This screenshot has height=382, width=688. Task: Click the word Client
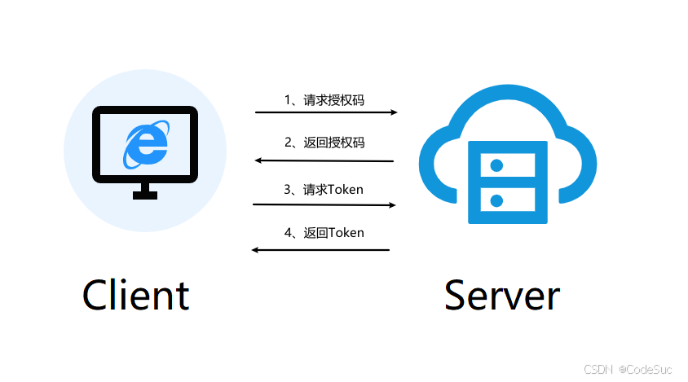135,294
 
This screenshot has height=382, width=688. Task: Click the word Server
501,294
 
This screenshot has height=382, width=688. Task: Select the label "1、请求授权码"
324,100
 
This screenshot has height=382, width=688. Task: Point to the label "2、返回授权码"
324,143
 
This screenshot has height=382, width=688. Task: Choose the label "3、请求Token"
324,190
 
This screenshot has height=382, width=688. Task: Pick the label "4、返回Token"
324,233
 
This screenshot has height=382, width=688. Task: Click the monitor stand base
145,195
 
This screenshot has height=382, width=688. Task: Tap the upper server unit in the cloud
501,165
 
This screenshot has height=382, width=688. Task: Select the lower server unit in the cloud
501,200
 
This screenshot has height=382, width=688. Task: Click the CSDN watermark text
598,370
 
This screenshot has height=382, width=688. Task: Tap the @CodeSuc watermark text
646,370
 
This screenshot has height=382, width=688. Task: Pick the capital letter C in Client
98,294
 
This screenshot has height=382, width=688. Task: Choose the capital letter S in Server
459,294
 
